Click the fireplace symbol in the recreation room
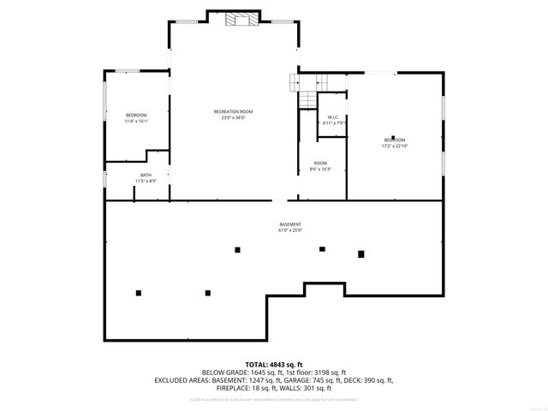235,21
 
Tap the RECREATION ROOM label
233,111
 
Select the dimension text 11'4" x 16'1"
136,122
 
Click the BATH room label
146,175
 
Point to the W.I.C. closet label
333,117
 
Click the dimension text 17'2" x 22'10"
394,146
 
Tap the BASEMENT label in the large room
290,224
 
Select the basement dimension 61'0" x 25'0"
290,230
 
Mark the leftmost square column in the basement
138,293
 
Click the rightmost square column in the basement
361,253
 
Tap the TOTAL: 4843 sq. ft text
273,365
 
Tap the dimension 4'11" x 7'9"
333,123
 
